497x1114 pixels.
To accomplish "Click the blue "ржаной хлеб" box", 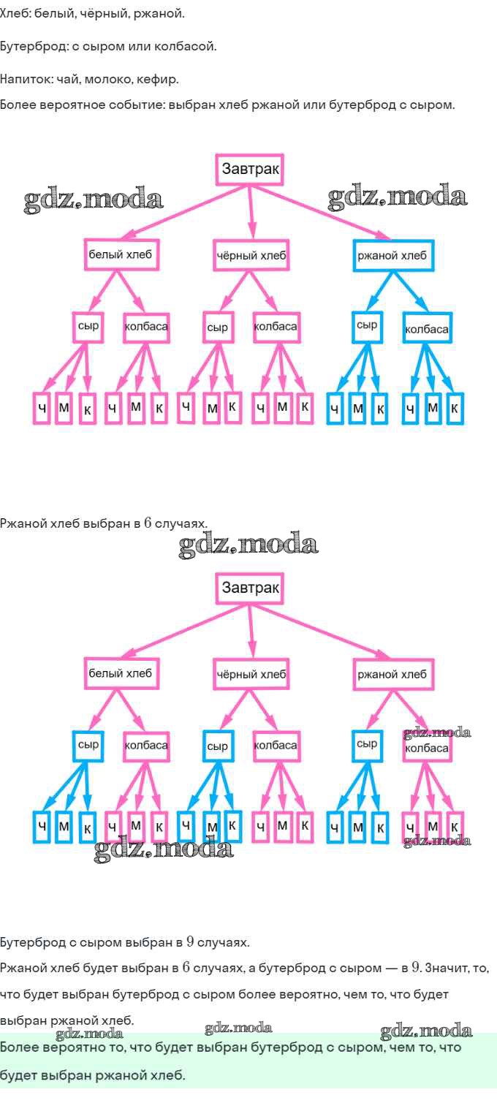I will (x=392, y=256).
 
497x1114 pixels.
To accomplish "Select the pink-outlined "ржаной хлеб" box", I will (x=392, y=674).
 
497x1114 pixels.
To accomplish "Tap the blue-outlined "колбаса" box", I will (x=427, y=328).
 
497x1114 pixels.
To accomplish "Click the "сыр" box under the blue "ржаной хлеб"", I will (x=367, y=326).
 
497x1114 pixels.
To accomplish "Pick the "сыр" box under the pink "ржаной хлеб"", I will (x=367, y=744).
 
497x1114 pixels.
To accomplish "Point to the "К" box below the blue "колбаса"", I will (x=455, y=409).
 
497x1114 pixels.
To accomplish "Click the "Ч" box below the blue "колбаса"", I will (x=411, y=409).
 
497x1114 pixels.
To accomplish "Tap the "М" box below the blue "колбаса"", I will (x=433, y=408).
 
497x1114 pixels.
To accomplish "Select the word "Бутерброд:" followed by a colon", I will (x=34, y=47).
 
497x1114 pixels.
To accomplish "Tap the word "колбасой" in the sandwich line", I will (x=191, y=47).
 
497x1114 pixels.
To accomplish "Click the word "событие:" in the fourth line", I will (x=140, y=105).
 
